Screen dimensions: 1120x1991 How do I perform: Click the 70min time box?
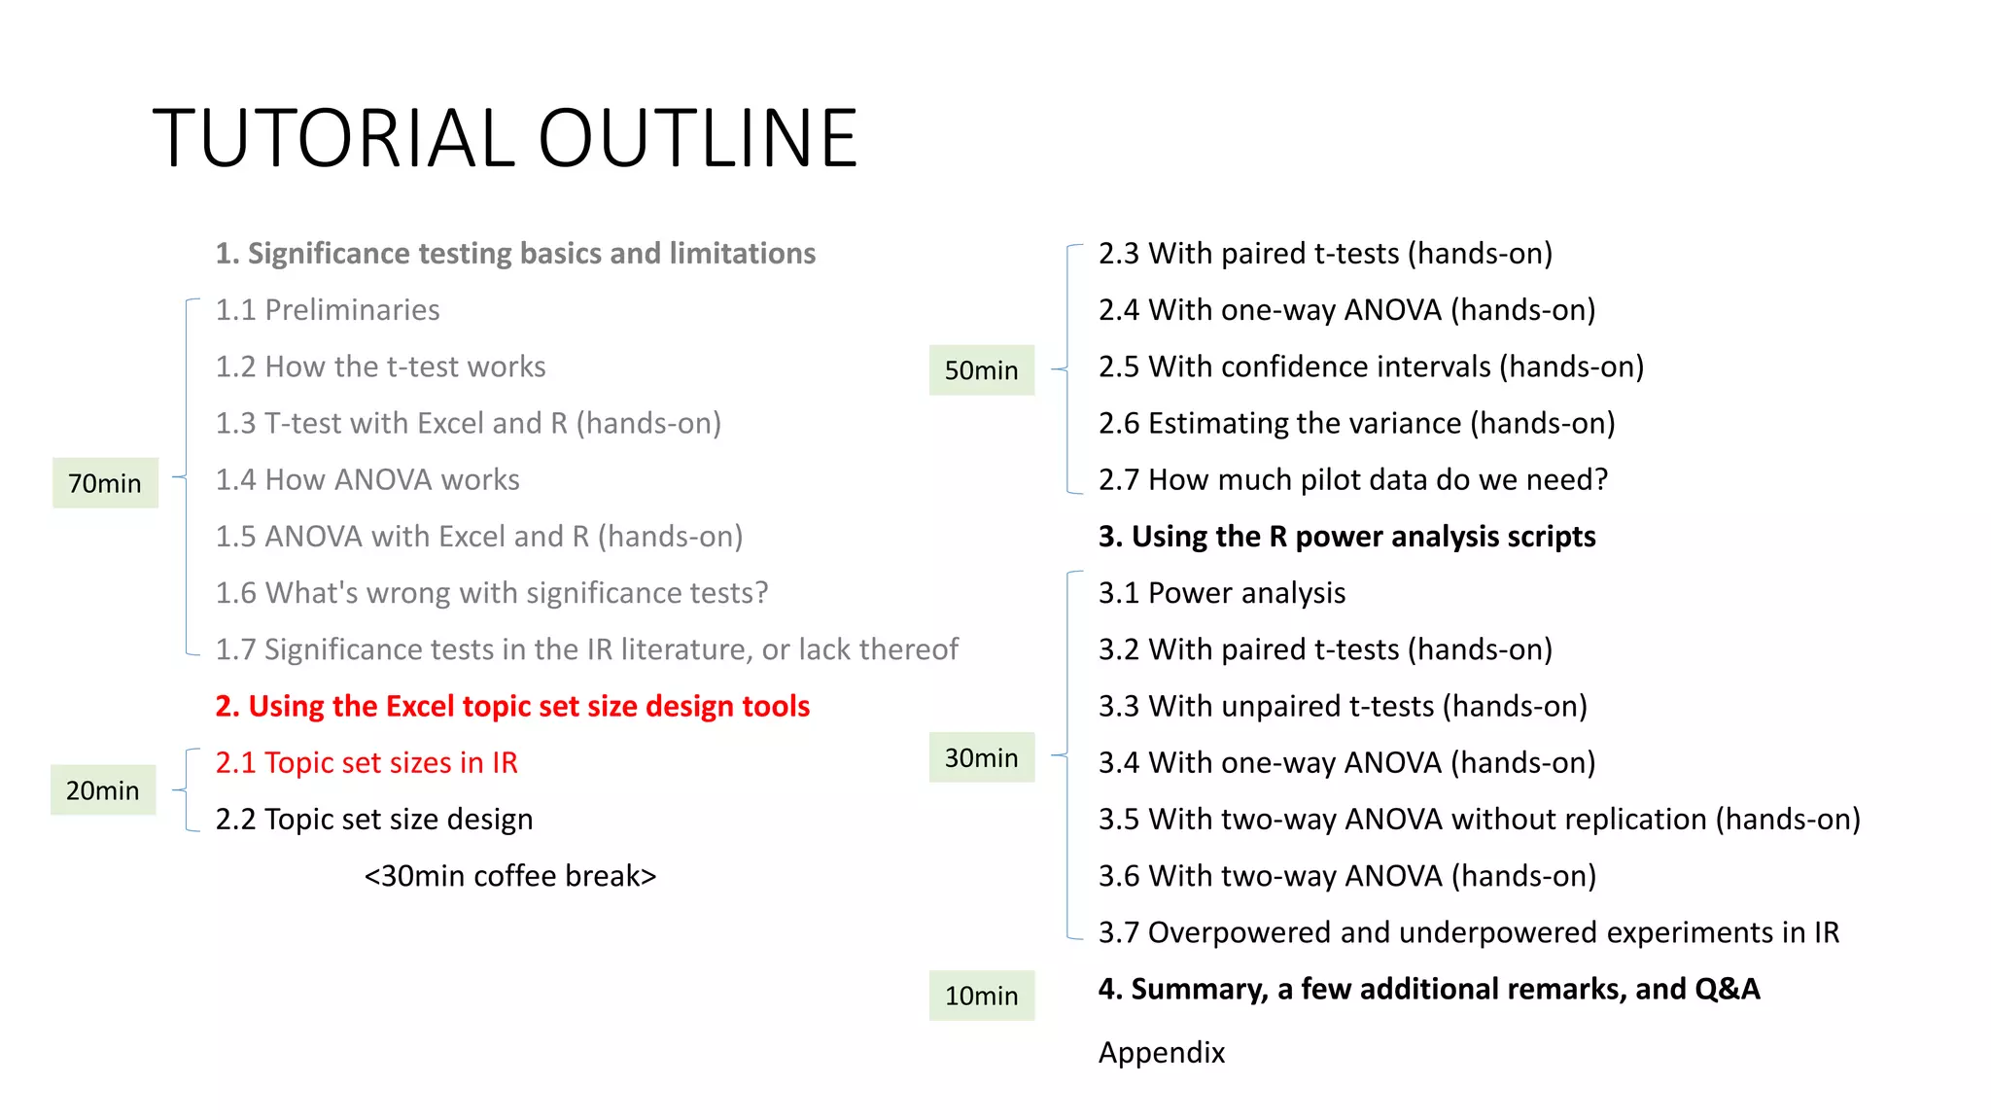(x=105, y=483)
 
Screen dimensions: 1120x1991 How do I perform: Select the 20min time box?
(x=103, y=790)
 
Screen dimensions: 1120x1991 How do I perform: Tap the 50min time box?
(x=981, y=370)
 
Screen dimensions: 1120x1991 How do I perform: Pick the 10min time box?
(x=981, y=996)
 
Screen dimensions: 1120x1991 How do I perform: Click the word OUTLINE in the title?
(x=697, y=138)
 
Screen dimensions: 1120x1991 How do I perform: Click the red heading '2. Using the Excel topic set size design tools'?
(x=512, y=706)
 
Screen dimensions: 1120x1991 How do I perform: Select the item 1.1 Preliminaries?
(x=328, y=310)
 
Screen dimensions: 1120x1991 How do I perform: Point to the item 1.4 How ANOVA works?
(x=367, y=480)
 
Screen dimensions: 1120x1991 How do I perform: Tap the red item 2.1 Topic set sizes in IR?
(x=367, y=763)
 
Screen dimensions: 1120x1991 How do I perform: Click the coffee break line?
(x=510, y=876)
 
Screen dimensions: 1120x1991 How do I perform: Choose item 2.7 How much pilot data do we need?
(x=1352, y=480)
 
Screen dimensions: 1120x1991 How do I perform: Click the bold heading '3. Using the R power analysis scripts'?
(x=1346, y=537)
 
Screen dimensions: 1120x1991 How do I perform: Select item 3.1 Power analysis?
(x=1222, y=593)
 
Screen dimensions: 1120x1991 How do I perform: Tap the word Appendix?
(x=1162, y=1053)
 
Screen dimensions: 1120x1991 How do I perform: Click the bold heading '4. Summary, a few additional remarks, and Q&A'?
(x=1428, y=990)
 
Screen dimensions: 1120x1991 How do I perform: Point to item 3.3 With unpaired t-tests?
(x=1343, y=707)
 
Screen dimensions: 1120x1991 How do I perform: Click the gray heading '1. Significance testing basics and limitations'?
(x=515, y=254)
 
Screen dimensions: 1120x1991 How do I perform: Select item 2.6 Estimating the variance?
(x=1356, y=424)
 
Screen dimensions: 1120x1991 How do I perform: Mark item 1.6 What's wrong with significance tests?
(x=492, y=593)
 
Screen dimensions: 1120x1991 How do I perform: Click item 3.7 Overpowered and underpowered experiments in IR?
(x=1468, y=933)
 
